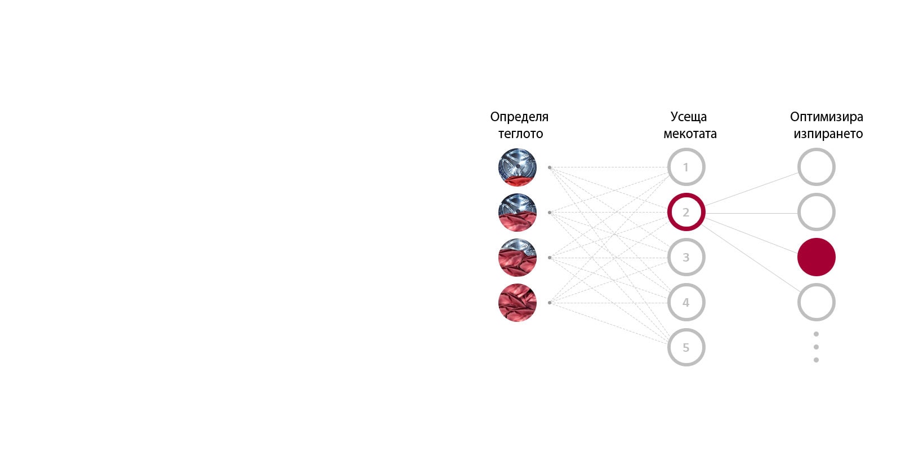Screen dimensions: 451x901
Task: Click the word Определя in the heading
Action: tap(519, 117)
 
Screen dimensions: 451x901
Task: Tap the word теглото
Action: tap(520, 134)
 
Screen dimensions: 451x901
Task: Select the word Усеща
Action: tap(688, 117)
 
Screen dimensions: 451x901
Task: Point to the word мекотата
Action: tap(690, 134)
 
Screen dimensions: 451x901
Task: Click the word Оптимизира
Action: tap(826, 117)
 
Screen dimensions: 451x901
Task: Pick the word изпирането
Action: tap(828, 134)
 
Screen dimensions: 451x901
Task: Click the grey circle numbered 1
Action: tap(686, 167)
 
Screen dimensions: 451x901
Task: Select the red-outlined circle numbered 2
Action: tap(686, 212)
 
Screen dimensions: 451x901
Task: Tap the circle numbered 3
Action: tap(686, 257)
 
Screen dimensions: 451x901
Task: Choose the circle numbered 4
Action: tap(686, 302)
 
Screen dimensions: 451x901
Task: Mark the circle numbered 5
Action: tap(686, 347)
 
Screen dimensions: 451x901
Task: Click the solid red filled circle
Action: tap(816, 257)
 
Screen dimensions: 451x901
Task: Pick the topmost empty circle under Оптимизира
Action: tap(816, 167)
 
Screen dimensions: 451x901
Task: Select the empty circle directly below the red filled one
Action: tap(816, 302)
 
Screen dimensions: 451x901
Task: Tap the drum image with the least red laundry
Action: tap(517, 167)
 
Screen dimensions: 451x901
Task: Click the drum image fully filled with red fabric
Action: tap(517, 303)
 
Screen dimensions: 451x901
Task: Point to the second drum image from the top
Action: tap(517, 213)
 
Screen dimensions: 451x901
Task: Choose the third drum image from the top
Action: tap(517, 258)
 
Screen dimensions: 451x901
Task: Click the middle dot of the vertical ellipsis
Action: tap(816, 347)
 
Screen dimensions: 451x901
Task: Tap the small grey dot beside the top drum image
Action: tap(550, 167)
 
